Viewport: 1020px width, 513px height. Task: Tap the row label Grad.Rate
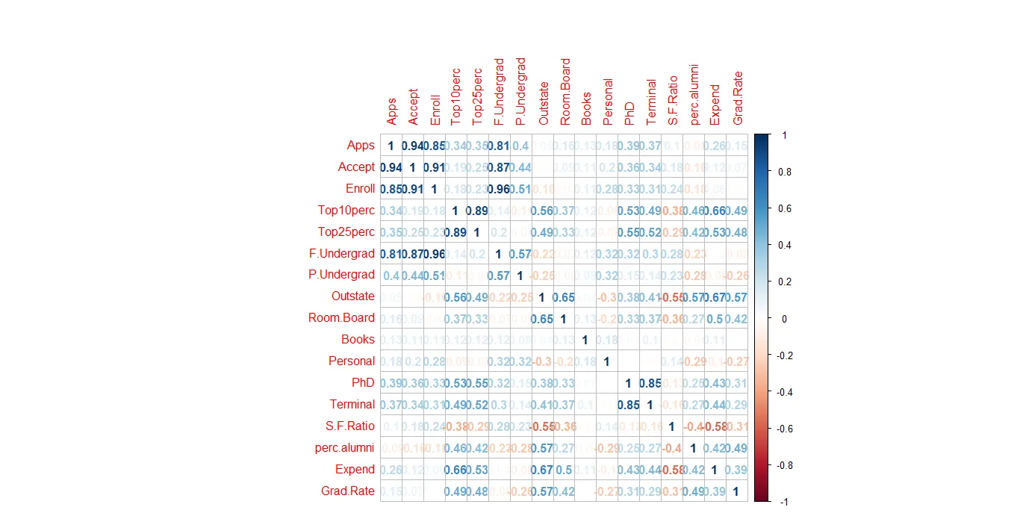(x=350, y=491)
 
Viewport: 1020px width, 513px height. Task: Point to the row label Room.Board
(x=341, y=318)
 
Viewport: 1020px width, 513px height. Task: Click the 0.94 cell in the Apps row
(x=412, y=146)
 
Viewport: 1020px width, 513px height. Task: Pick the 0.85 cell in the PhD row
(x=650, y=384)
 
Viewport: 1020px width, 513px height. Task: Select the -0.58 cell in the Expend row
(x=672, y=470)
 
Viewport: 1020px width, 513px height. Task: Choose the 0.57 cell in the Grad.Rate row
(x=542, y=492)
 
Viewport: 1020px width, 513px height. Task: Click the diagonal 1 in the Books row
(x=585, y=341)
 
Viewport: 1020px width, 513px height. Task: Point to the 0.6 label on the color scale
(x=783, y=208)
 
